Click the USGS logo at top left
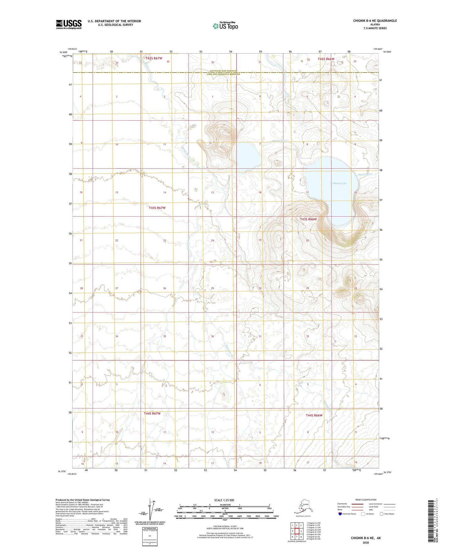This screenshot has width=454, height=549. (x=68, y=24)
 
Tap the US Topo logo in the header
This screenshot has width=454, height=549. (x=225, y=26)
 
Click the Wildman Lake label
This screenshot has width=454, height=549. (x=338, y=183)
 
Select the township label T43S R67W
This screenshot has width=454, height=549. (x=157, y=208)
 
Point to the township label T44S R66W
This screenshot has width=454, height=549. (x=314, y=415)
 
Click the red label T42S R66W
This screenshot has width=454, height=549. (x=326, y=59)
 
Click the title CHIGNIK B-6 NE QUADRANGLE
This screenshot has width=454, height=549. (x=375, y=21)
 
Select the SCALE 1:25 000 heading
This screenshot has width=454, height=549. (x=225, y=500)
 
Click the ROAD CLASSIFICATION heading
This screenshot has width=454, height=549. (x=366, y=500)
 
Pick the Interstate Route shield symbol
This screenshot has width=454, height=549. (x=340, y=514)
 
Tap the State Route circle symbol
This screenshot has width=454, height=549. (x=382, y=514)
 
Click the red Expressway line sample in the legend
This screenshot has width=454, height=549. (x=357, y=504)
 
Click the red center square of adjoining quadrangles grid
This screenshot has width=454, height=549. (x=297, y=531)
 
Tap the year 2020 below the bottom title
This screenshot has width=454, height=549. (x=366, y=542)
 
